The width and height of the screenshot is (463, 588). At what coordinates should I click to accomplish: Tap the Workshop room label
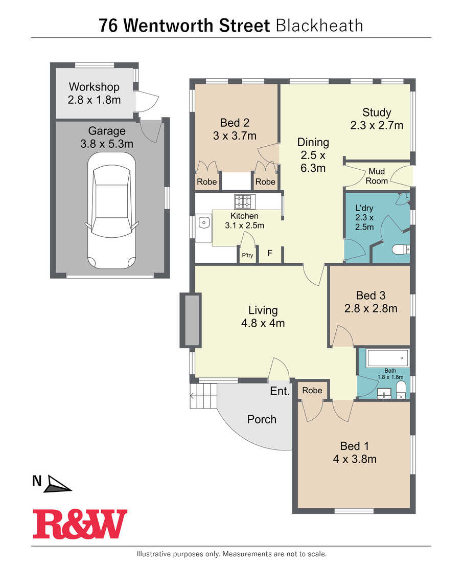[x=94, y=87]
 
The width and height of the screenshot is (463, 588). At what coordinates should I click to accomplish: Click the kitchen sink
[x=203, y=223]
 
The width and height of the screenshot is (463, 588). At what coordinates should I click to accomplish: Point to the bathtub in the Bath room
[x=388, y=358]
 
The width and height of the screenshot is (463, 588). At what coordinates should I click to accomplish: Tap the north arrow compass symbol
[x=57, y=484]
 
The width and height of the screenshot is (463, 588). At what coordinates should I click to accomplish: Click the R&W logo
[x=80, y=524]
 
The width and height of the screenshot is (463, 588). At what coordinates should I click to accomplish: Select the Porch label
[x=262, y=419]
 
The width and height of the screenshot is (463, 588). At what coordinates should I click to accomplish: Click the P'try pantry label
[x=247, y=255]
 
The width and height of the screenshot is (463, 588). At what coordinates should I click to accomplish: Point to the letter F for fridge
[x=269, y=253]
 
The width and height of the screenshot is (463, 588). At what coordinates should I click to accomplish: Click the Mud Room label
[x=377, y=176]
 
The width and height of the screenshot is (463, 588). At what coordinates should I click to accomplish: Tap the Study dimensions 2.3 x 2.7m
[x=377, y=125]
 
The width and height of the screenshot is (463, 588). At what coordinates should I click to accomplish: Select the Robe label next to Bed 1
[x=312, y=390]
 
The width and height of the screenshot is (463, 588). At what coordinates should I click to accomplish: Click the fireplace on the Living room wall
[x=191, y=320]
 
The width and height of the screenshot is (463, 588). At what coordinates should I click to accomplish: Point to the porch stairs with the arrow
[x=203, y=396]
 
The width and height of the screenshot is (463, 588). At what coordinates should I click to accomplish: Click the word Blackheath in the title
[x=319, y=26]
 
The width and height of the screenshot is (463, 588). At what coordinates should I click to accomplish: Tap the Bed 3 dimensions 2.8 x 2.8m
[x=371, y=309]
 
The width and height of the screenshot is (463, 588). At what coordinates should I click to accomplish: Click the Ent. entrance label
[x=280, y=391]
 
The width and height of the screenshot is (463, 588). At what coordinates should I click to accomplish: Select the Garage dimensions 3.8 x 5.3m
[x=107, y=144]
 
